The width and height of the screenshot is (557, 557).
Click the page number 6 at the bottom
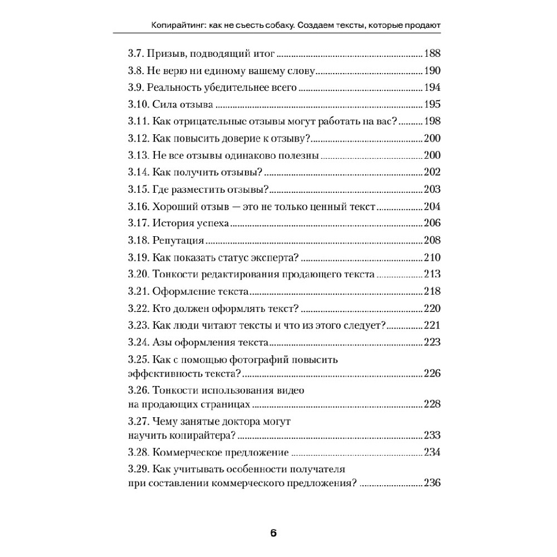coord(273,532)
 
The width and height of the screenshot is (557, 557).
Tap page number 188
coord(432,54)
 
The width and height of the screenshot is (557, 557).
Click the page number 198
coord(432,122)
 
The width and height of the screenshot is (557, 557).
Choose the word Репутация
coord(177,241)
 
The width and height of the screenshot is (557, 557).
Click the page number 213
coord(432,275)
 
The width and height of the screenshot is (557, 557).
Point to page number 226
coord(432,373)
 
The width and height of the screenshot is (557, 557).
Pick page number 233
coord(432,436)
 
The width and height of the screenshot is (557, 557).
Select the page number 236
coord(432,483)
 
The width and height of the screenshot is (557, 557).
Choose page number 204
coord(432,207)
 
